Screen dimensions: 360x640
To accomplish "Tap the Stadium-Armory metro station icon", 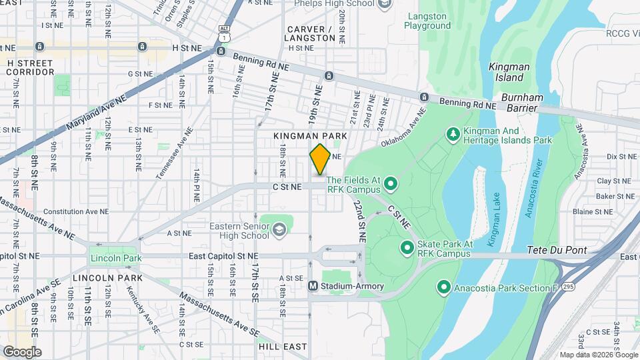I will click(312, 286).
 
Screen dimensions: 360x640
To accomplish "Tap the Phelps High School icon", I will click(384, 5).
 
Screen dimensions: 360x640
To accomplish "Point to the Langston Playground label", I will click(428, 21).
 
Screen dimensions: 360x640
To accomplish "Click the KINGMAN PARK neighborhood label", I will click(311, 135).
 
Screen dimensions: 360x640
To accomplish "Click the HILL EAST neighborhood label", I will click(282, 347).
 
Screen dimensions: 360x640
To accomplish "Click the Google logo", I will click(21, 351).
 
